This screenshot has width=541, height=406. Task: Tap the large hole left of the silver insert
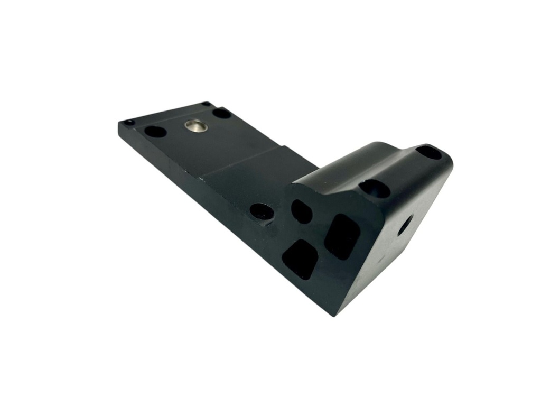click(155, 131)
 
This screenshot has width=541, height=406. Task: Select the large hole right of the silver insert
click(222, 113)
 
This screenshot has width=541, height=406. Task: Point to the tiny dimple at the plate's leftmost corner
click(128, 123)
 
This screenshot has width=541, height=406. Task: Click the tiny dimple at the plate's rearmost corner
click(206, 104)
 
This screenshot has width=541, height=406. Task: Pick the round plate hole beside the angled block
click(262, 212)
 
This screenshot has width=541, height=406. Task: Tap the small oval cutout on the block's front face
click(301, 211)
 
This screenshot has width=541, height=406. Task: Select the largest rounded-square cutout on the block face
click(342, 236)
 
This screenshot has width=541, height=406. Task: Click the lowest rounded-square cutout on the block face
click(300, 259)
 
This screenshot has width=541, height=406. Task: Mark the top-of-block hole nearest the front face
click(374, 188)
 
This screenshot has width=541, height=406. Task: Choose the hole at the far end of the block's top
click(428, 152)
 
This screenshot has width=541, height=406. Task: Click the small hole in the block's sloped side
click(405, 227)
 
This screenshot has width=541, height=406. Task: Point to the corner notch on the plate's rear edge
click(285, 149)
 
